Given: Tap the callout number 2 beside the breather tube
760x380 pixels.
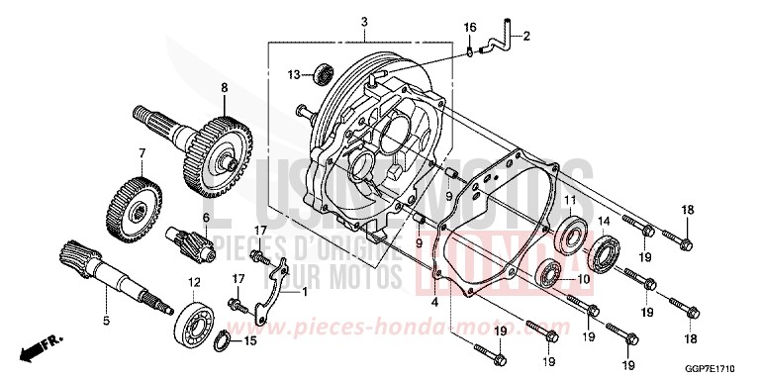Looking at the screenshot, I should click(526, 38).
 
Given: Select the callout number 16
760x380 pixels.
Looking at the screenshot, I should click(471, 27).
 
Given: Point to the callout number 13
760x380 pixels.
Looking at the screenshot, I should click(294, 75).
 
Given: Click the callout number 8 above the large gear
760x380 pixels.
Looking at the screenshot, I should click(225, 88).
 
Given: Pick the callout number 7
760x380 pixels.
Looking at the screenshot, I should click(142, 153).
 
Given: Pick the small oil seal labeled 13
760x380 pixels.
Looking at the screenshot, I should click(323, 73).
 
